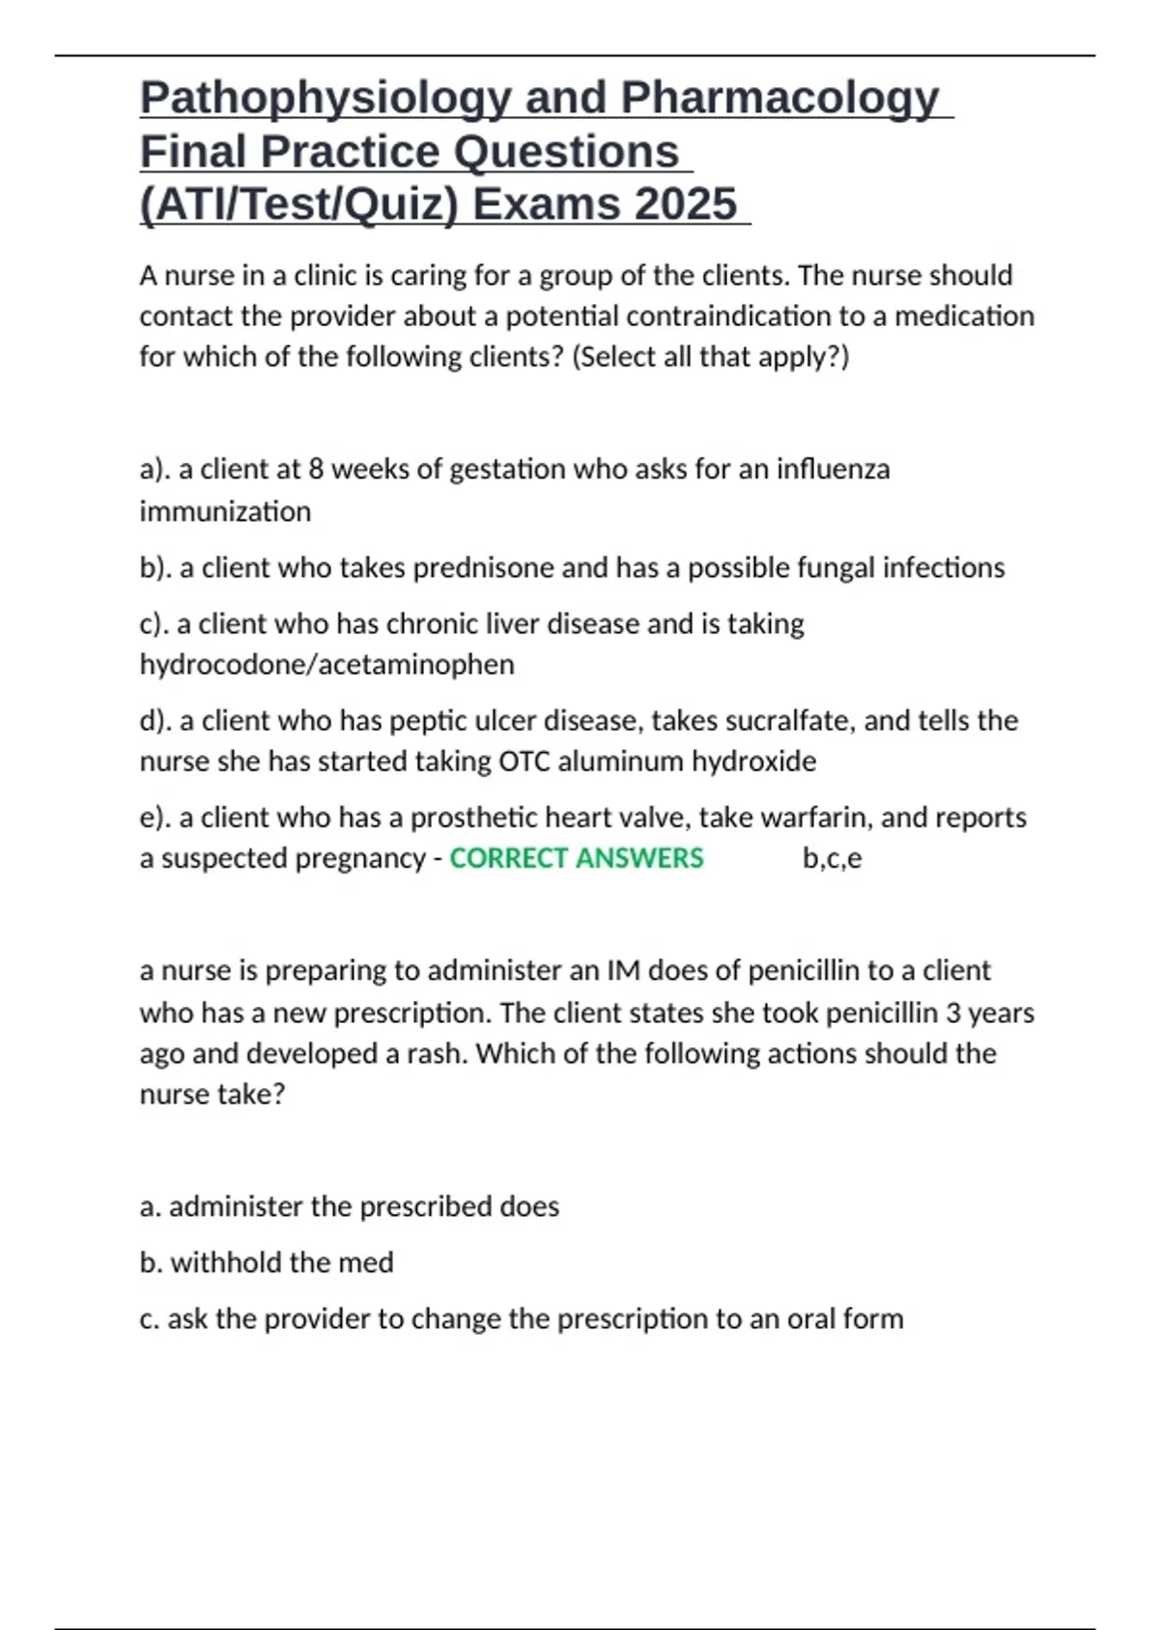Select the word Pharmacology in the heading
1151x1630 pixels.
(x=779, y=99)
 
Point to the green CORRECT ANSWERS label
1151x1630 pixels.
(x=576, y=858)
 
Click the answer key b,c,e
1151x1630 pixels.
(x=832, y=858)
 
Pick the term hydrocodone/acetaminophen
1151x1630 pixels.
(x=327, y=664)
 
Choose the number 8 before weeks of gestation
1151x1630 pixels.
(x=316, y=469)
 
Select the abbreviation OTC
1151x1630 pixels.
(x=524, y=761)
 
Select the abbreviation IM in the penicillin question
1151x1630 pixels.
(x=623, y=970)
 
